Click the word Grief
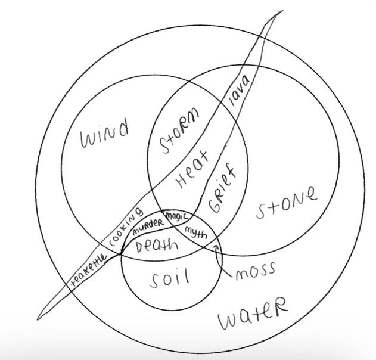click(x=223, y=190)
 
